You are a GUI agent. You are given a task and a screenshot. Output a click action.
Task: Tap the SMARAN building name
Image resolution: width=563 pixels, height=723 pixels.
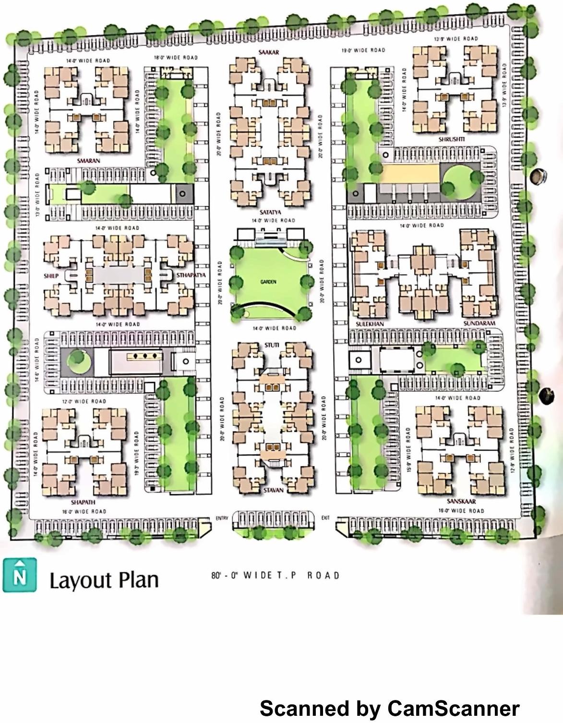click(88, 160)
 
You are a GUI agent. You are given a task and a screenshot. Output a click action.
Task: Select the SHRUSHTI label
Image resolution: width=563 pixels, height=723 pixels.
click(452, 139)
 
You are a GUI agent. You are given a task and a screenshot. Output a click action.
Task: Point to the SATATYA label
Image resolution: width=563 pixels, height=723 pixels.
click(270, 212)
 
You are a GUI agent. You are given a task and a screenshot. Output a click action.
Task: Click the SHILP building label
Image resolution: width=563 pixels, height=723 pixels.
click(51, 276)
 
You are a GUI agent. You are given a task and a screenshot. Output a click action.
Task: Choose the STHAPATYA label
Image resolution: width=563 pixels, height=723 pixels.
click(191, 276)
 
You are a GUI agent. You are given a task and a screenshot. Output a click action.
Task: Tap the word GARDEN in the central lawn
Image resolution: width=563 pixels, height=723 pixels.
click(268, 282)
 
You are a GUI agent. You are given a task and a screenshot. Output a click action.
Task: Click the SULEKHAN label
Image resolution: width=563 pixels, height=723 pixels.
click(370, 324)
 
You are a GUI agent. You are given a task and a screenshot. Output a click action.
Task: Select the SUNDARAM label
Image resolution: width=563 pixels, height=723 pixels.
click(479, 324)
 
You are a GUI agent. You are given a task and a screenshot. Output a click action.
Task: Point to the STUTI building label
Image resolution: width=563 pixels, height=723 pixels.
click(271, 346)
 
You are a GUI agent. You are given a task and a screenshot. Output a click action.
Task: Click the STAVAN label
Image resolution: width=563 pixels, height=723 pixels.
click(273, 490)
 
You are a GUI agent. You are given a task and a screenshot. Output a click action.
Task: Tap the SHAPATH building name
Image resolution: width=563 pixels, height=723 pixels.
click(83, 502)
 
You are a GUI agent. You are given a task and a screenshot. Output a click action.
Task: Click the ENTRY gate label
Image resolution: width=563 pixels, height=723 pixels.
click(222, 518)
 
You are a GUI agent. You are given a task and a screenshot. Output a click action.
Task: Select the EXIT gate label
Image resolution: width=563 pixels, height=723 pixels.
click(325, 518)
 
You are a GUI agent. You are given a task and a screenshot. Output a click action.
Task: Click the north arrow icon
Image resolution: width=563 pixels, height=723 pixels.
click(19, 575)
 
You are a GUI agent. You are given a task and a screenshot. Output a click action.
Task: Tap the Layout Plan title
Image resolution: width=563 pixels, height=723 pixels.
click(104, 580)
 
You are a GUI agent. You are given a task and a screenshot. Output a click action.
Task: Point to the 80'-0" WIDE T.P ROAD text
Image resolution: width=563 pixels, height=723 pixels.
click(275, 575)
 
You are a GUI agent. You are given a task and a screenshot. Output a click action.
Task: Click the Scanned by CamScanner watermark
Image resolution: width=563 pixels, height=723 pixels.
click(389, 708)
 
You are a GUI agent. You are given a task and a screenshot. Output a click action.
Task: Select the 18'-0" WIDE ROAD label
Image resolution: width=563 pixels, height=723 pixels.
click(176, 58)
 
